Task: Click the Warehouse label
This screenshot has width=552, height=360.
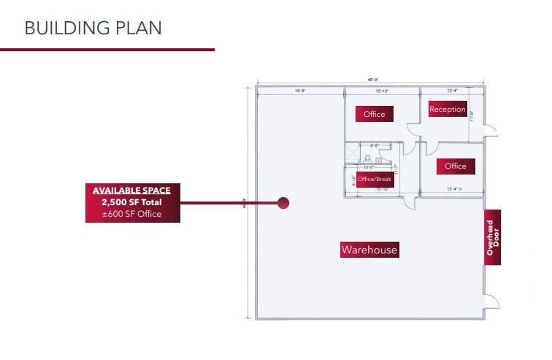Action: pyautogui.click(x=369, y=250)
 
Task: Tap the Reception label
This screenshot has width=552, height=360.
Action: pyautogui.click(x=448, y=110)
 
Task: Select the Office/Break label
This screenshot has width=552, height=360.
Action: pyautogui.click(x=375, y=179)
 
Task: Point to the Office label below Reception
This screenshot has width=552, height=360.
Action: pyautogui.click(x=455, y=166)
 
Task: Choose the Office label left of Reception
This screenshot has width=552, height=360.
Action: pyautogui.click(x=374, y=114)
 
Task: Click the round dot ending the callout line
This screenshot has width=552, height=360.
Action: pyautogui.click(x=283, y=203)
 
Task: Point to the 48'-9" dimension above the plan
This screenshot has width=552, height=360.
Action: pyautogui.click(x=373, y=80)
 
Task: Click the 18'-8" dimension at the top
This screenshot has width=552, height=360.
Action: pyautogui.click(x=300, y=91)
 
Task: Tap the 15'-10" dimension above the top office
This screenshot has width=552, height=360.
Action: pyautogui.click(x=382, y=91)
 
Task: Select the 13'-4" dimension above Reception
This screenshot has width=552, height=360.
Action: pyautogui.click(x=452, y=91)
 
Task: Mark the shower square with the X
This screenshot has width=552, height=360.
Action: pyautogui.click(x=353, y=153)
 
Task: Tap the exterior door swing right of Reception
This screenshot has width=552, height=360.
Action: pyautogui.click(x=491, y=129)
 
